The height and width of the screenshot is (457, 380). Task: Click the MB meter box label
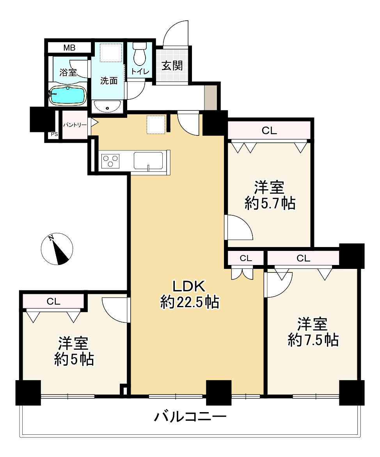pyautogui.click(x=69, y=48)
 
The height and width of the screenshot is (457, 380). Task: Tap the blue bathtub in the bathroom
pyautogui.click(x=68, y=95)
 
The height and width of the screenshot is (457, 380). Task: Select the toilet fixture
pyautogui.click(x=139, y=54)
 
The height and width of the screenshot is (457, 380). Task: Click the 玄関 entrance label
pyautogui.click(x=172, y=66)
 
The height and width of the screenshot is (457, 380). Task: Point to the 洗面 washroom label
pyautogui.click(x=109, y=81)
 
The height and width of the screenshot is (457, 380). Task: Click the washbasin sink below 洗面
pyautogui.click(x=107, y=107)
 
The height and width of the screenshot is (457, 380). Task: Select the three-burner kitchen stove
pyautogui.click(x=110, y=160)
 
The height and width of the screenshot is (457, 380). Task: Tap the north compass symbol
pyautogui.click(x=57, y=249)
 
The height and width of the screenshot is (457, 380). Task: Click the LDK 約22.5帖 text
pyautogui.click(x=190, y=294)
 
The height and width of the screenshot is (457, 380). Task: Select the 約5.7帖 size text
pyautogui.click(x=270, y=203)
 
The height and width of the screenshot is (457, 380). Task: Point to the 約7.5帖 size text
pyautogui.click(x=313, y=340)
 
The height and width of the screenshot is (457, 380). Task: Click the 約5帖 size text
pyautogui.click(x=74, y=359)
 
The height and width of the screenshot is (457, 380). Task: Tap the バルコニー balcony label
pyautogui.click(x=190, y=416)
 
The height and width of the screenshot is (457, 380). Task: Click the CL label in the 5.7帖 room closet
pyautogui.click(x=269, y=131)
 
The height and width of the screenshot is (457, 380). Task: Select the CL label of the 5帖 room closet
pyautogui.click(x=53, y=301)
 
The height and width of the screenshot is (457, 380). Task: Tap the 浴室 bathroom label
pyautogui.click(x=68, y=72)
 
